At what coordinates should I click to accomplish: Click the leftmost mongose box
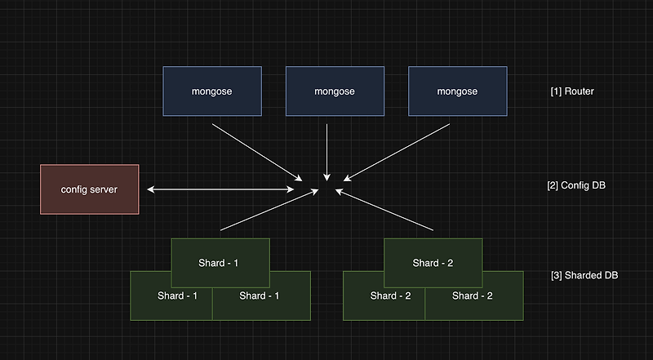pos(212,91)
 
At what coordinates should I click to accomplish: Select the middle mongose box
pos(335,91)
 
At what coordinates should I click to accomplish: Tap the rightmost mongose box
pos(457,91)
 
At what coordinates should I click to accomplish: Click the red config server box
pos(90,189)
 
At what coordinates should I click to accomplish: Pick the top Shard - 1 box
pos(220,256)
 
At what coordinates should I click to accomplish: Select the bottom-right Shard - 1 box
pos(261,302)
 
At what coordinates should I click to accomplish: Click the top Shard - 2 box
pos(433,256)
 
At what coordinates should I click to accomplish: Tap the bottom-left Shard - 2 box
pos(384,302)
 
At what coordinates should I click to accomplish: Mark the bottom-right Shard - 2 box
pos(474,302)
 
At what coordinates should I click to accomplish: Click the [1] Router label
pos(572,91)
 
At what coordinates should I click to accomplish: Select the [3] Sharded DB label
pos(584,275)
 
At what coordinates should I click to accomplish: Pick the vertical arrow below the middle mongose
pos(326,151)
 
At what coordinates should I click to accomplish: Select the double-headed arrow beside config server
pos(221,189)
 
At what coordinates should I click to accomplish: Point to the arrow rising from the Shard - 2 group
pos(384,211)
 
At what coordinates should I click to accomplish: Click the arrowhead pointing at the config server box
pos(151,189)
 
